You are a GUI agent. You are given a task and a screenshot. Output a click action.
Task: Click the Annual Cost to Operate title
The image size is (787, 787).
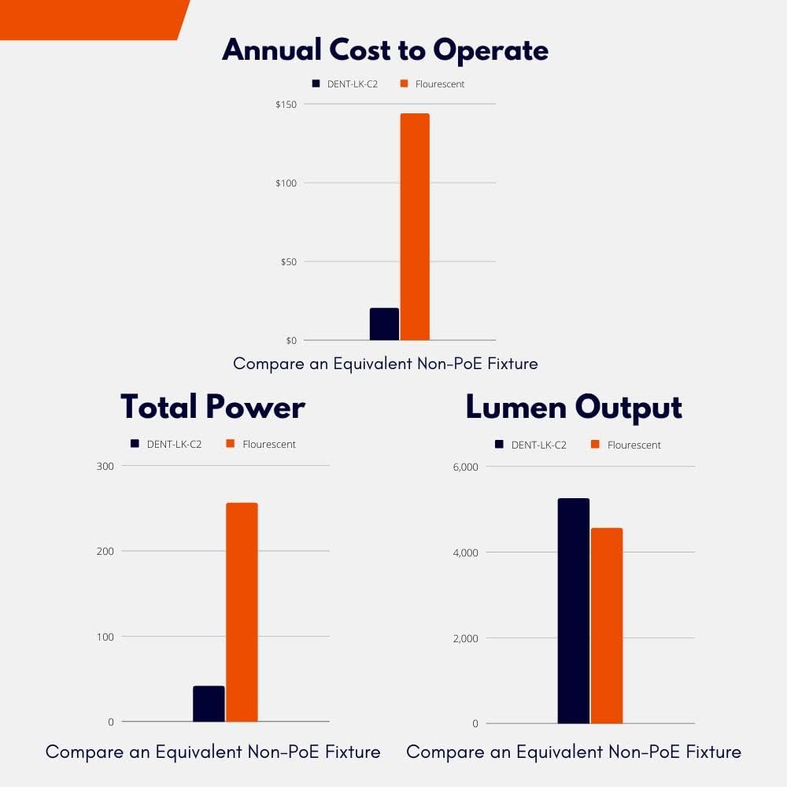click(385, 50)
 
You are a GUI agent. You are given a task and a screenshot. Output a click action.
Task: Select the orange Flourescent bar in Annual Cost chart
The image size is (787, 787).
click(415, 227)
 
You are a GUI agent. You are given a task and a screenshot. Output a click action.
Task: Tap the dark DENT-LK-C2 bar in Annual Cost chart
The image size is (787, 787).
click(384, 324)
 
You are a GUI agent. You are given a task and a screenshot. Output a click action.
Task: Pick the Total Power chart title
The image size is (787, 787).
click(212, 407)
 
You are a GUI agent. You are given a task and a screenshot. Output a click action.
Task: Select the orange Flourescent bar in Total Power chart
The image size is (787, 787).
click(242, 611)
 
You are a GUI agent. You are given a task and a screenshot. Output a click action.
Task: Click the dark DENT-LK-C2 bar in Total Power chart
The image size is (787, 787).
click(209, 704)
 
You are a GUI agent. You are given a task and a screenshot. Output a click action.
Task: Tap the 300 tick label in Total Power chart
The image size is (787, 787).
click(105, 466)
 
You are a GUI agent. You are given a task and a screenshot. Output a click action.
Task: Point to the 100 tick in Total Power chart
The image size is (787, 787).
click(105, 636)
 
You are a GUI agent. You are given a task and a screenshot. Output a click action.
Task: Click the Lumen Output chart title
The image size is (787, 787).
click(574, 407)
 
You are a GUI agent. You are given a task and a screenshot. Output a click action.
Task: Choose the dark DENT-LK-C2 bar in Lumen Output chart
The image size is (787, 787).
click(573, 611)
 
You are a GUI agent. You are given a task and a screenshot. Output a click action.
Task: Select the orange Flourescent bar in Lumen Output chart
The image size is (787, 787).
click(607, 626)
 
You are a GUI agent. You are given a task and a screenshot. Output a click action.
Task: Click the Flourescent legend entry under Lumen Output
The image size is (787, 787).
click(625, 445)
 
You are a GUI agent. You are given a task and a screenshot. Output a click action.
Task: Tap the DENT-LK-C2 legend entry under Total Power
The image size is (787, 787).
click(166, 444)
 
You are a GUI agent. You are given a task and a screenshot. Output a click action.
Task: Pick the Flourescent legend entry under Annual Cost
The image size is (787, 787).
click(432, 83)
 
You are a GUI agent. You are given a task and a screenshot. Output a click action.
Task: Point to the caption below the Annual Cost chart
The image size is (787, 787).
click(385, 364)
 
